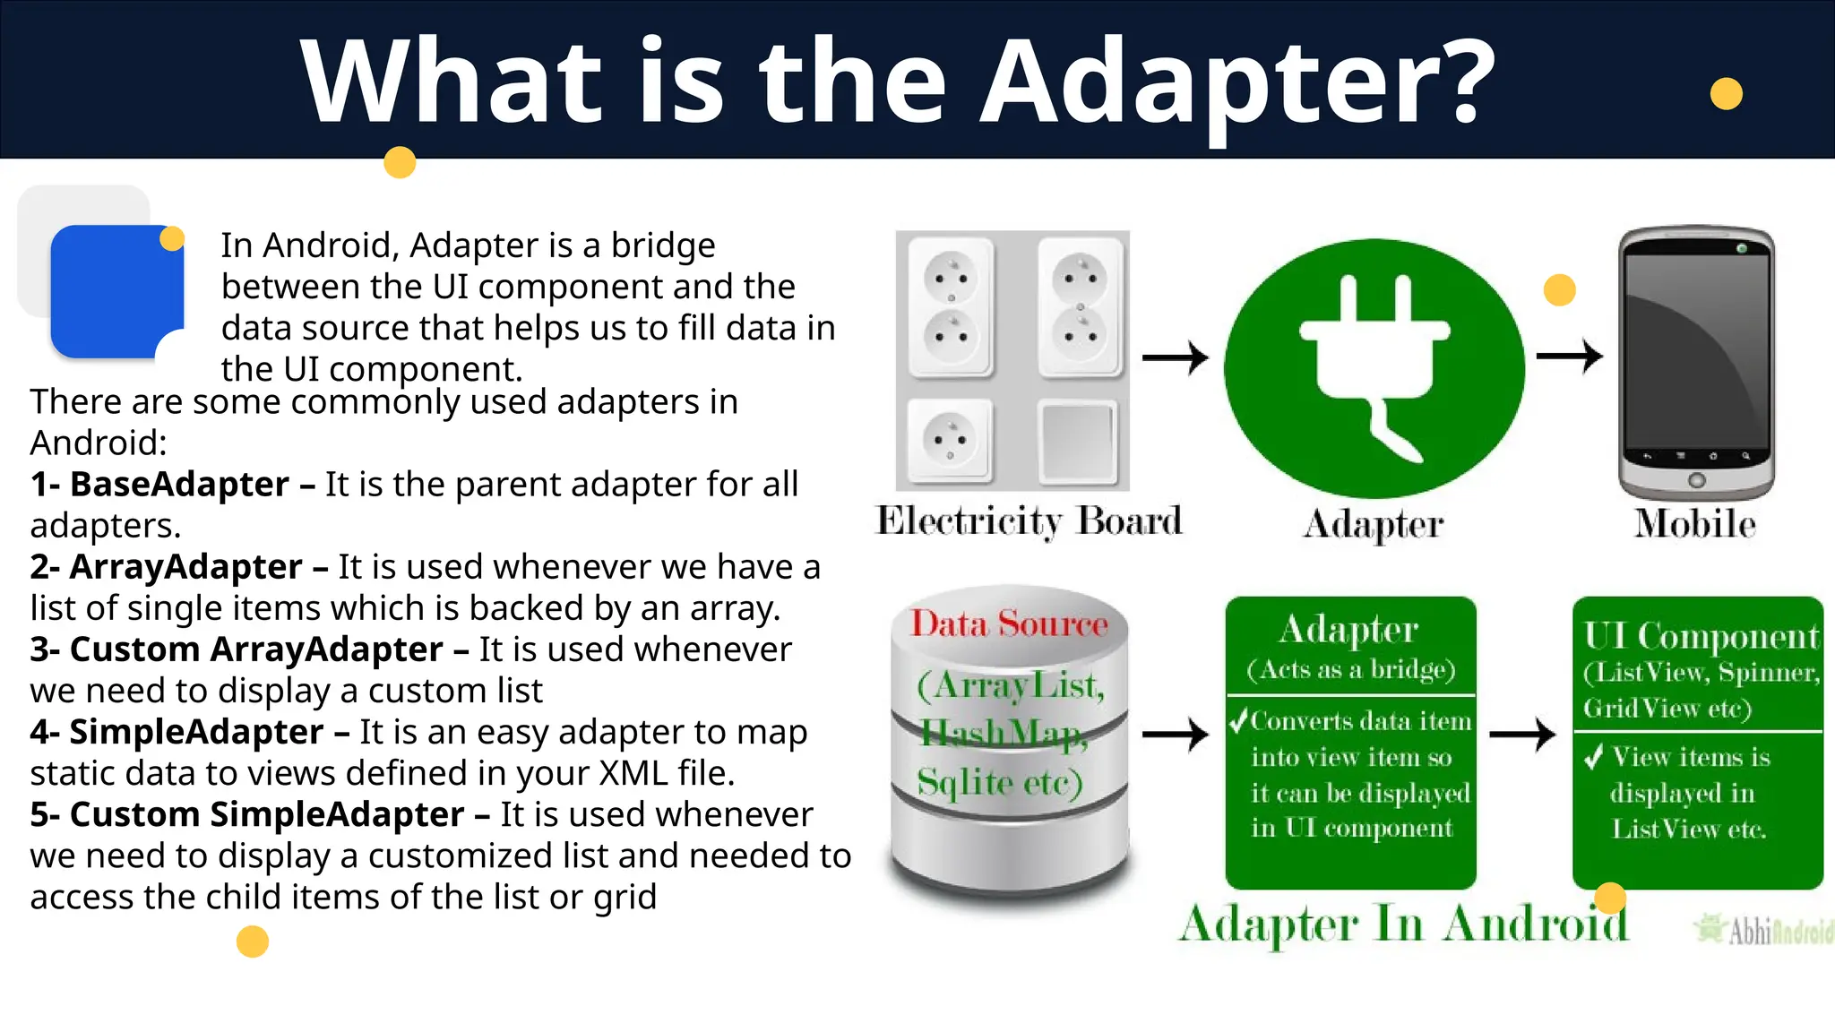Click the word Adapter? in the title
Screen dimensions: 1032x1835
point(1236,82)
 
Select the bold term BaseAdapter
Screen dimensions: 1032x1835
point(179,485)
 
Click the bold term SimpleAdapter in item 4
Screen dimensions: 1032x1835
point(196,732)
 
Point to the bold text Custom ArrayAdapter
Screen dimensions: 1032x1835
point(256,649)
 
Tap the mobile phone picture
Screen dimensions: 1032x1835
point(1696,363)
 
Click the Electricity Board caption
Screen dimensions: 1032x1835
point(1029,521)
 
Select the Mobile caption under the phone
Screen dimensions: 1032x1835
point(1694,524)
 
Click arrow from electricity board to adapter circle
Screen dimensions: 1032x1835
point(1176,357)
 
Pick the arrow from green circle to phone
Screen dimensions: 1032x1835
point(1569,356)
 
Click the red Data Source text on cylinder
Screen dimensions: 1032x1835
point(1009,623)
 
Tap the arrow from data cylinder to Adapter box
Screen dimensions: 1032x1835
point(1176,735)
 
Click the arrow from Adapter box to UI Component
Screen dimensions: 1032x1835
point(1522,735)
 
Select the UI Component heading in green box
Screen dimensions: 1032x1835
point(1700,636)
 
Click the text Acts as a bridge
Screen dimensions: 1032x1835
point(1350,670)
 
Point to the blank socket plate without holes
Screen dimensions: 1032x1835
point(1078,442)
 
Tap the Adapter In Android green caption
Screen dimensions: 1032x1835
point(1403,924)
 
